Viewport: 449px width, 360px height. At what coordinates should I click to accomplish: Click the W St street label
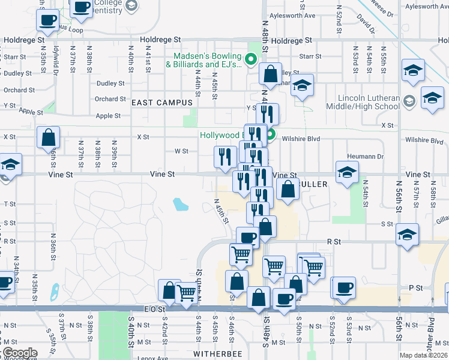click(x=181, y=151)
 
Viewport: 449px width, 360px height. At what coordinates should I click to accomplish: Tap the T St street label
click(x=10, y=204)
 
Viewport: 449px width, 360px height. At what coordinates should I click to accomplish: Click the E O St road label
click(x=154, y=308)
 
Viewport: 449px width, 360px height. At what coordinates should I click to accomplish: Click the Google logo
click(x=19, y=353)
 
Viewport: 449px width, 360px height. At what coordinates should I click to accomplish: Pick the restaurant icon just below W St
click(x=225, y=157)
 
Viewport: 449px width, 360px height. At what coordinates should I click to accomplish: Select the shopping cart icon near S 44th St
click(x=187, y=292)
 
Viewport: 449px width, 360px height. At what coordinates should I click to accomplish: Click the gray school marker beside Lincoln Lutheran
click(x=409, y=100)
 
